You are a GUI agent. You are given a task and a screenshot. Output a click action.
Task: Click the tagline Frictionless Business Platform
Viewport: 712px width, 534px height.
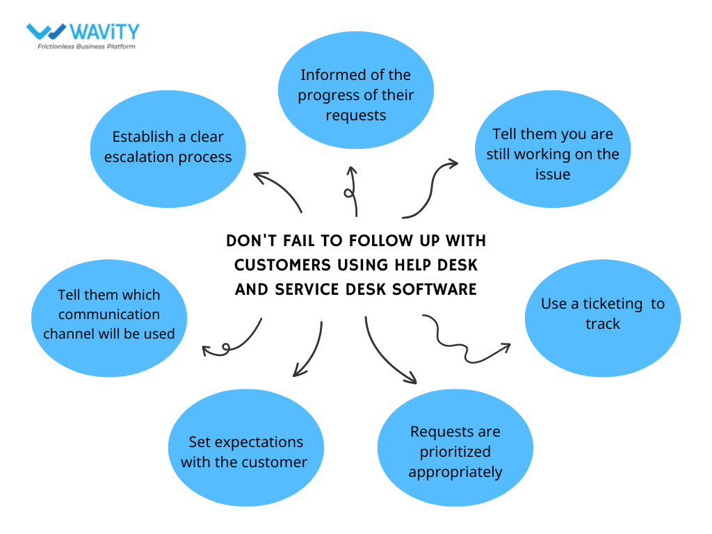[86, 47]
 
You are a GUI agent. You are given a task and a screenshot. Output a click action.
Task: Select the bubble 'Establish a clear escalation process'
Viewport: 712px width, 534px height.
[167, 147]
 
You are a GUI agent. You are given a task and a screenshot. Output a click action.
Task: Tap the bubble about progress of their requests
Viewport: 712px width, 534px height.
[356, 95]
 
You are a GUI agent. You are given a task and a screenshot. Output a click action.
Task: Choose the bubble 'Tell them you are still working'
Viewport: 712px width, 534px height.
[552, 154]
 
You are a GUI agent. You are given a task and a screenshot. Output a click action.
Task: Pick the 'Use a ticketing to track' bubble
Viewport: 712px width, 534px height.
[602, 314]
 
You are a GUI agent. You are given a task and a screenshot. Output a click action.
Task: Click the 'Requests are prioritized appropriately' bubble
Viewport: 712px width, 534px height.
[455, 451]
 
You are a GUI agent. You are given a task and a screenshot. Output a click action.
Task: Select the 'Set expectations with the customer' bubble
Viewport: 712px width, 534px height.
[245, 452]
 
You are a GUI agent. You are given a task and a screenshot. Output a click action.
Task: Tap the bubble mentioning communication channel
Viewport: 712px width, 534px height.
[109, 314]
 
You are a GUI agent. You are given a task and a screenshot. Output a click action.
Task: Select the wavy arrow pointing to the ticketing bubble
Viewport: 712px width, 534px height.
[464, 341]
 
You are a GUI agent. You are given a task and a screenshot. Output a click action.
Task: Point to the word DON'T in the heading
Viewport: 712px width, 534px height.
[250, 241]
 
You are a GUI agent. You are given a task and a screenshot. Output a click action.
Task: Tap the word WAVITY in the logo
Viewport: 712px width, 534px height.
[105, 31]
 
